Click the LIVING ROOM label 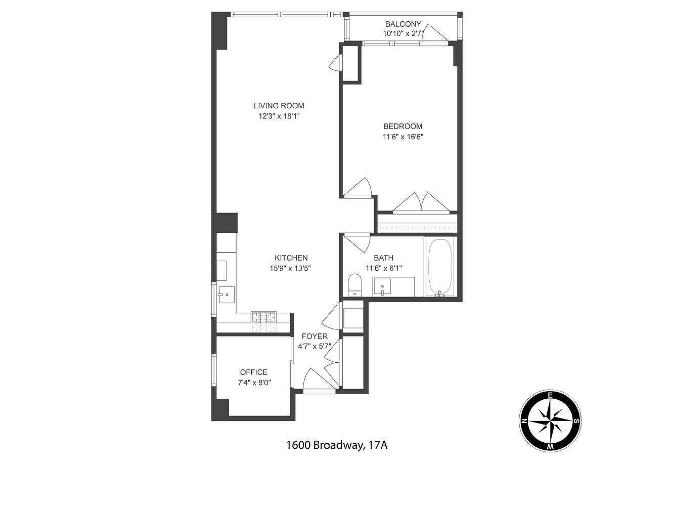click(279, 106)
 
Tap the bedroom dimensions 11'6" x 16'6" click(402, 137)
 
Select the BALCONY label click(403, 24)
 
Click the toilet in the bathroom click(354, 285)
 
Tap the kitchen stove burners click(264, 317)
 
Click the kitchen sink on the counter click(226, 293)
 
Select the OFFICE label click(254, 372)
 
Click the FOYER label click(314, 336)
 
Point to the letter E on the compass click(550, 395)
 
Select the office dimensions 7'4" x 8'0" click(254, 383)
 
